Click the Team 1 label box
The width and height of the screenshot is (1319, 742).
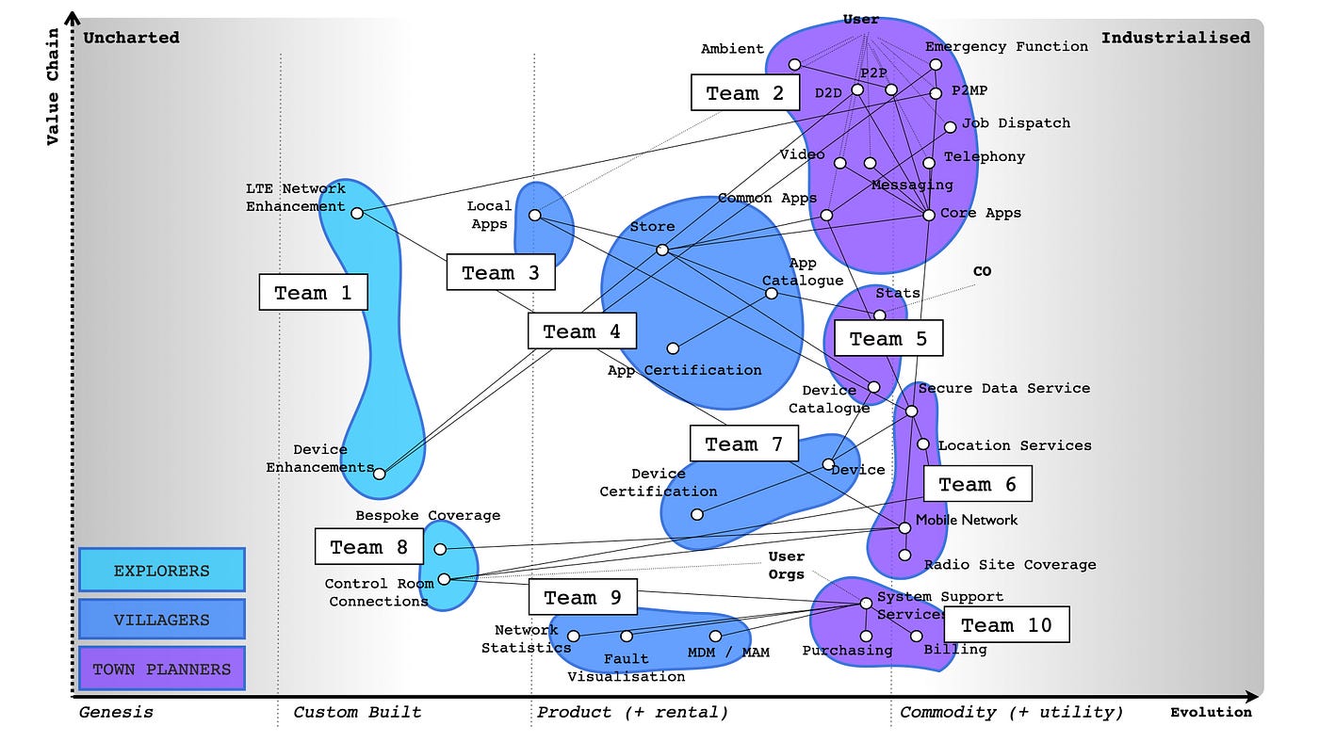313,293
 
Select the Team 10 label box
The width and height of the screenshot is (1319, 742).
1006,625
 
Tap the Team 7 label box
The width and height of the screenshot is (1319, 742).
743,444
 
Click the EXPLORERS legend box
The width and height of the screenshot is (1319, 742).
161,571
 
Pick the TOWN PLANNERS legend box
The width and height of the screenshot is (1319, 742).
161,669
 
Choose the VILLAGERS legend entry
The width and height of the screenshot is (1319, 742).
161,620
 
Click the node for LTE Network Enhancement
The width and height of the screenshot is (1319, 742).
357,213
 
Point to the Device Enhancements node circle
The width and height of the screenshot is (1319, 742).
379,474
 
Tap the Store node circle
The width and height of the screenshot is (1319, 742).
662,250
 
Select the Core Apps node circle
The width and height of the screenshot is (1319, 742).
929,215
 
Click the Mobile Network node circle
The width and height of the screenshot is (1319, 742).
905,528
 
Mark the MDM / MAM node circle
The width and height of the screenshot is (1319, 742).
715,637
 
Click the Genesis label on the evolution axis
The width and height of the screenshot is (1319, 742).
116,713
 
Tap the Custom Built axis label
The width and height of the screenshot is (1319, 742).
357,713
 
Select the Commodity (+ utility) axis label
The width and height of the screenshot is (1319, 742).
1011,713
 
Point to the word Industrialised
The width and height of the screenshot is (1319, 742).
1175,38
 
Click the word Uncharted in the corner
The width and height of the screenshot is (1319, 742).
131,38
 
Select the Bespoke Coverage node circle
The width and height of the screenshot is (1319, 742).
440,549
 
